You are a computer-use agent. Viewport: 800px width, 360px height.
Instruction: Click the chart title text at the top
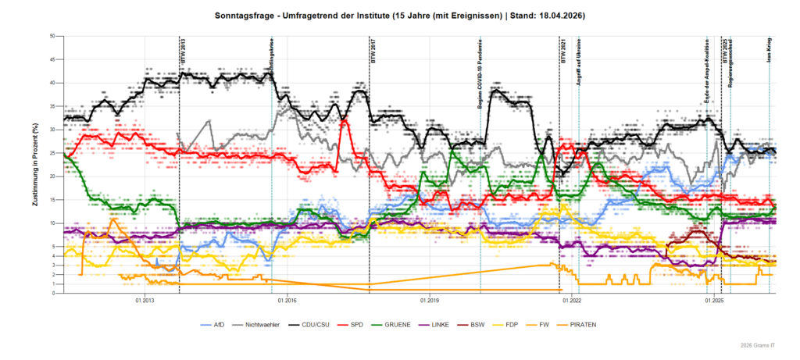pyautogui.click(x=399, y=16)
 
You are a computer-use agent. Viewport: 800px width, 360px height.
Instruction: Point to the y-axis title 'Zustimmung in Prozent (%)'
pyautogui.click(x=36, y=164)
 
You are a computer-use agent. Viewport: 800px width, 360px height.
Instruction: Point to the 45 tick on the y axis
pyautogui.click(x=52, y=59)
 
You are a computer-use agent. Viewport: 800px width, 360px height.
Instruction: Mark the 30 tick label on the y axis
pyautogui.click(x=52, y=130)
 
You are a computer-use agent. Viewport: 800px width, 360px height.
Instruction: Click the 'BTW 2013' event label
pyautogui.click(x=184, y=54)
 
